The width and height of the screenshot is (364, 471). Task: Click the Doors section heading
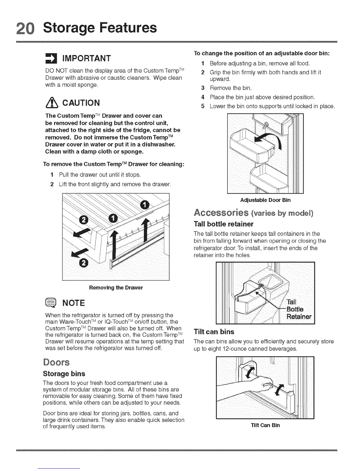(56, 362)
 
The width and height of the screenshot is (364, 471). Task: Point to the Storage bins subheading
(64, 374)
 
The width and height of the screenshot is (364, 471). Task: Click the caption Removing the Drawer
(116, 288)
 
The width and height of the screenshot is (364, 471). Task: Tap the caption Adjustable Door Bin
(265, 200)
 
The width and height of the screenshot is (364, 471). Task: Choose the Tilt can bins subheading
(214, 332)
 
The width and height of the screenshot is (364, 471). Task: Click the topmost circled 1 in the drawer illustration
(144, 205)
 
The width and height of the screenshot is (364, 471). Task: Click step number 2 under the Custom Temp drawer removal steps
(52, 185)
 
